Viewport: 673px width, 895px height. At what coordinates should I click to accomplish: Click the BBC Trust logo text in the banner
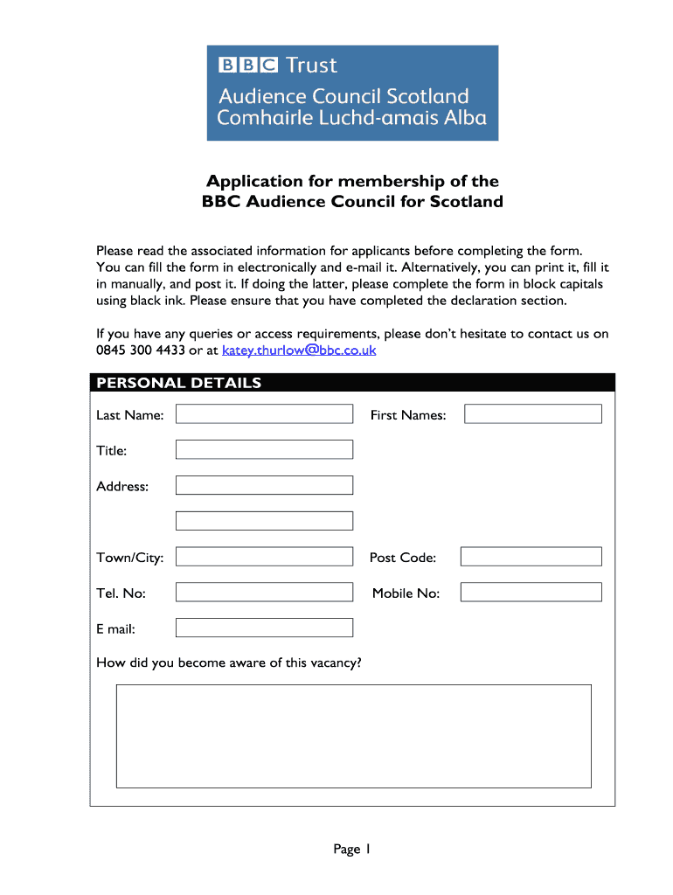(277, 66)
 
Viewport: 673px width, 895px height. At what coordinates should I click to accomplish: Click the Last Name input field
(264, 414)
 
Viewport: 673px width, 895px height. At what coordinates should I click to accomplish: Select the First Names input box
(532, 414)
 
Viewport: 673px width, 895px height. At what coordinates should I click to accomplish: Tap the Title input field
(264, 450)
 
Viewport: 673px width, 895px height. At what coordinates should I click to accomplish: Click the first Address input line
(264, 485)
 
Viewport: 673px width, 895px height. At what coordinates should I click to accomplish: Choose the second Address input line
(264, 521)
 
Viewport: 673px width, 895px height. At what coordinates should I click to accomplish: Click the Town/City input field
(264, 557)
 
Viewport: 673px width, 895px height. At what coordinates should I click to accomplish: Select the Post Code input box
(531, 557)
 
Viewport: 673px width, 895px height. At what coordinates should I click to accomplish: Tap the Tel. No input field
(264, 593)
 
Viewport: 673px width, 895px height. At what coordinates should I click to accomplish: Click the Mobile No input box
(531, 593)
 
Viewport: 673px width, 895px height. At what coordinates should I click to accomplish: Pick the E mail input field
(264, 628)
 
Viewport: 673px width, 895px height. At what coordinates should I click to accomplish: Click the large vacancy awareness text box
(353, 736)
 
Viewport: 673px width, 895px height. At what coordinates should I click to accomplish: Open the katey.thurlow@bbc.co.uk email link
(299, 350)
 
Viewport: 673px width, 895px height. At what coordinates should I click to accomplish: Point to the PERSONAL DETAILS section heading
(178, 383)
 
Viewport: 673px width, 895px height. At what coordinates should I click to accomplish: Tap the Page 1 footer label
(352, 849)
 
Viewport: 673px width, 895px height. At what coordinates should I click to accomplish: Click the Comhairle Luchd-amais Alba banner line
(351, 118)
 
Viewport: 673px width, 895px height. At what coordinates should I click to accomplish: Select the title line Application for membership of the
(352, 182)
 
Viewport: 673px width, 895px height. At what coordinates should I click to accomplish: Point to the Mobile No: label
(406, 593)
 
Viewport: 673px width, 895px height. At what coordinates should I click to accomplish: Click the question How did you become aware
(228, 663)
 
